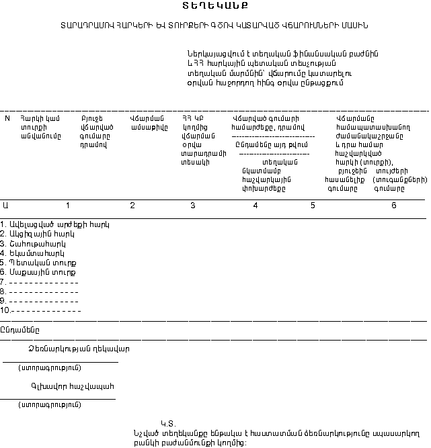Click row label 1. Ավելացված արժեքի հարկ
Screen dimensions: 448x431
coord(54,224)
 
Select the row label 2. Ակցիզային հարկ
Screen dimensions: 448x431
coord(42,234)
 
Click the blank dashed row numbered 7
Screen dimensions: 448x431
coord(40,282)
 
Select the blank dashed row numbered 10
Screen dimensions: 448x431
coord(41,311)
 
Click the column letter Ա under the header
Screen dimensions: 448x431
coord(6,205)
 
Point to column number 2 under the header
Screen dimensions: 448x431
coord(132,205)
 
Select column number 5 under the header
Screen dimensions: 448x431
coord(313,205)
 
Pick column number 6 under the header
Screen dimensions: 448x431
coord(394,205)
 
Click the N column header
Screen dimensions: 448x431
coord(7,118)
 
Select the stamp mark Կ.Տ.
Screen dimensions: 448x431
coord(167,423)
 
